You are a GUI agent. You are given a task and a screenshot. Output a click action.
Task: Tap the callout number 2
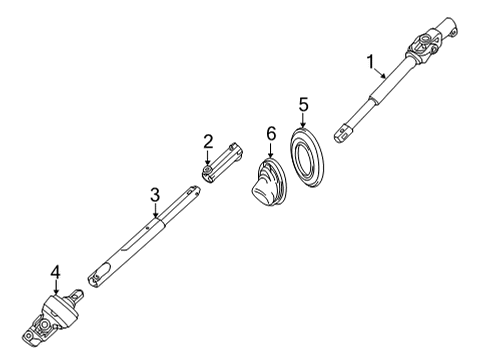(208, 141)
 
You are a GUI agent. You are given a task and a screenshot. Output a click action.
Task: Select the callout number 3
(155, 194)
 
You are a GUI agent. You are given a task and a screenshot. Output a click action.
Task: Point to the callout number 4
(56, 270)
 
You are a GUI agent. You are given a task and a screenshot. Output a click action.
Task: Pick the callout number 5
(304, 103)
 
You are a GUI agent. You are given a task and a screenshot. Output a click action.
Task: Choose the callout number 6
(270, 133)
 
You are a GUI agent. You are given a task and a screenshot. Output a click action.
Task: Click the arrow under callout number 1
(381, 77)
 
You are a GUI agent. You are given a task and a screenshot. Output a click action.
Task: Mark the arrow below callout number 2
(208, 159)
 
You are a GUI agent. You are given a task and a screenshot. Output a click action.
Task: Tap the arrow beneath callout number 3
(155, 211)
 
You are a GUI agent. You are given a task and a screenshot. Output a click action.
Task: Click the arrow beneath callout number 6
(270, 151)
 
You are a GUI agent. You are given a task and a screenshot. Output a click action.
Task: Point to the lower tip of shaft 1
(342, 129)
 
